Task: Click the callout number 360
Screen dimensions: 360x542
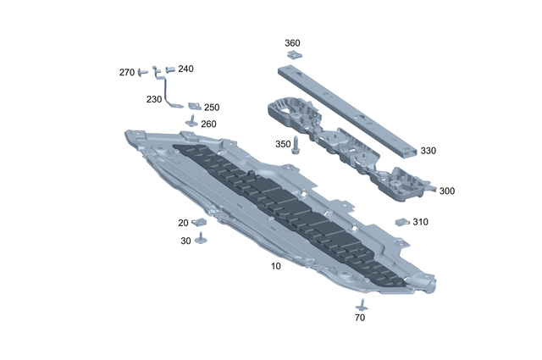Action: point(291,42)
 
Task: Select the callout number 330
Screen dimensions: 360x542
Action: point(428,151)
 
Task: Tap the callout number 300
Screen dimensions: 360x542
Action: point(446,191)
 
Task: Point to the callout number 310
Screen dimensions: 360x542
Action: point(420,222)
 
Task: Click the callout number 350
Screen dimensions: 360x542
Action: point(282,144)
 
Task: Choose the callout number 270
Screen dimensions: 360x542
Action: point(126,73)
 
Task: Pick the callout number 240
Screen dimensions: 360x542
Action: point(185,69)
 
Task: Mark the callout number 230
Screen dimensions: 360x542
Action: point(153,99)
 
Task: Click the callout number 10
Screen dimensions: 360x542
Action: point(275,266)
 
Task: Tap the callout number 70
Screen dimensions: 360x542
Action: point(360,318)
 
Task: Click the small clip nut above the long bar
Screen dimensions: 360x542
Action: point(292,55)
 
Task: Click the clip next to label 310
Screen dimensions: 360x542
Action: point(402,223)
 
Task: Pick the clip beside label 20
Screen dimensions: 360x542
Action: point(202,223)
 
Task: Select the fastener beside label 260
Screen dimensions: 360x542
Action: point(191,123)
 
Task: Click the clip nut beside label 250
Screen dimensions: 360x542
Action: point(194,106)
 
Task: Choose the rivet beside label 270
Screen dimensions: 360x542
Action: point(143,71)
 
